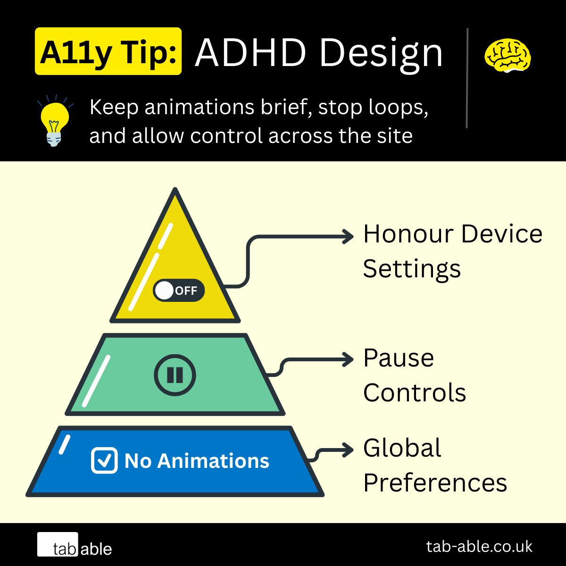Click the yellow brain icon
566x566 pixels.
pyautogui.click(x=508, y=56)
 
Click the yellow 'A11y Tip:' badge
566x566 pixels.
pyautogui.click(x=108, y=51)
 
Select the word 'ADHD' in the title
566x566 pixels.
pyautogui.click(x=251, y=53)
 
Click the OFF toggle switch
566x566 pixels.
pyautogui.click(x=179, y=291)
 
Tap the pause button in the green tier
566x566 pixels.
pyautogui.click(x=175, y=375)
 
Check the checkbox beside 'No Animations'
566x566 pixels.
pyautogui.click(x=104, y=460)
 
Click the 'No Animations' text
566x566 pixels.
pyautogui.click(x=197, y=461)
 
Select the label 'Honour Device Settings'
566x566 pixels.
pyautogui.click(x=452, y=251)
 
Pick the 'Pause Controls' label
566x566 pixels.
pyautogui.click(x=414, y=375)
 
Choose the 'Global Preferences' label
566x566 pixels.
pyautogui.click(x=434, y=465)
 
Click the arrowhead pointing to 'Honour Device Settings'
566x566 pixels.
pyautogui.click(x=349, y=236)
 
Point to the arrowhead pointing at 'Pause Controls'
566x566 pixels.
pyautogui.click(x=349, y=359)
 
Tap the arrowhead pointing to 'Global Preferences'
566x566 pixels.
pyautogui.click(x=349, y=449)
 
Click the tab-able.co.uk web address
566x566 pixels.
pyautogui.click(x=479, y=546)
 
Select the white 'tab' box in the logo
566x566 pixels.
pyautogui.click(x=58, y=545)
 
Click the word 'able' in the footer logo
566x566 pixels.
pyautogui.click(x=96, y=549)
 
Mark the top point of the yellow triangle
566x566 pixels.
pyautogui.click(x=175, y=190)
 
